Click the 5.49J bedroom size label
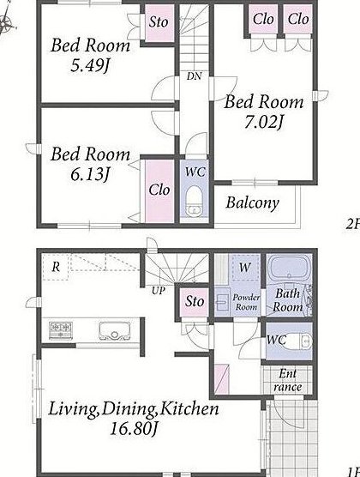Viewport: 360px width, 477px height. [90, 65]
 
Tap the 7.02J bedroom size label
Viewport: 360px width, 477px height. [264, 123]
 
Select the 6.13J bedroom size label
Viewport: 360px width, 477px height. [90, 175]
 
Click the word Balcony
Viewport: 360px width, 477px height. [252, 203]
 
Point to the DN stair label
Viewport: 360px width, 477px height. [194, 76]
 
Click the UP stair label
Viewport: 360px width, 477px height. [158, 291]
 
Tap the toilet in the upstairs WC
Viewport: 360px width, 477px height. [194, 202]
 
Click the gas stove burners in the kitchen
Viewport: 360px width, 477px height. [61, 330]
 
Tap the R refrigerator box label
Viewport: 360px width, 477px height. [56, 267]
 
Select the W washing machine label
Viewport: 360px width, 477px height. [245, 268]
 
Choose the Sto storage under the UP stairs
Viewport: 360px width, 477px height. [195, 301]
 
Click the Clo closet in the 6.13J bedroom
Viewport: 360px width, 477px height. [159, 190]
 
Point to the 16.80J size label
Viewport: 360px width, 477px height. [133, 429]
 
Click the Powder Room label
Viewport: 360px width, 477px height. [246, 302]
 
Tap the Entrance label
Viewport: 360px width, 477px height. [288, 380]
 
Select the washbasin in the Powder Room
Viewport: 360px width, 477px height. [222, 302]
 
